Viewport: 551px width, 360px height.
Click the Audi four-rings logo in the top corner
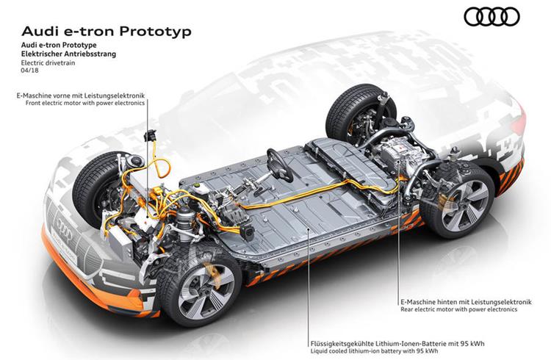491,16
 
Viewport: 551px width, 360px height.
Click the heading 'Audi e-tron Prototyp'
107,32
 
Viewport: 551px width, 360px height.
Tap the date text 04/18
30,71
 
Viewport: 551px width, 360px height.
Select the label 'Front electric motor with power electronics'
85,103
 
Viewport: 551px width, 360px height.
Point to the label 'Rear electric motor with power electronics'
459,309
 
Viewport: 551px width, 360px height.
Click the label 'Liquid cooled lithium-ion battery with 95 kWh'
375,351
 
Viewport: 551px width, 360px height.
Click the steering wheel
280,165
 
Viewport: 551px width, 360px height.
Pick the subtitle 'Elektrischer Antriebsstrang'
68,54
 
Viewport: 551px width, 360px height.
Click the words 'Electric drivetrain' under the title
48,63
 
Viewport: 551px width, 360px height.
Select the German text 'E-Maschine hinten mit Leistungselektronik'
466,302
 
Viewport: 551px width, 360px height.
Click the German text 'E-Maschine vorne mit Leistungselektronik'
81,96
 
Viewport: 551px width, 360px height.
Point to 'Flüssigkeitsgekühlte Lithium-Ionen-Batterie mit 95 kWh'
397,343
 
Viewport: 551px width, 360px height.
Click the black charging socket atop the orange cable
151,135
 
